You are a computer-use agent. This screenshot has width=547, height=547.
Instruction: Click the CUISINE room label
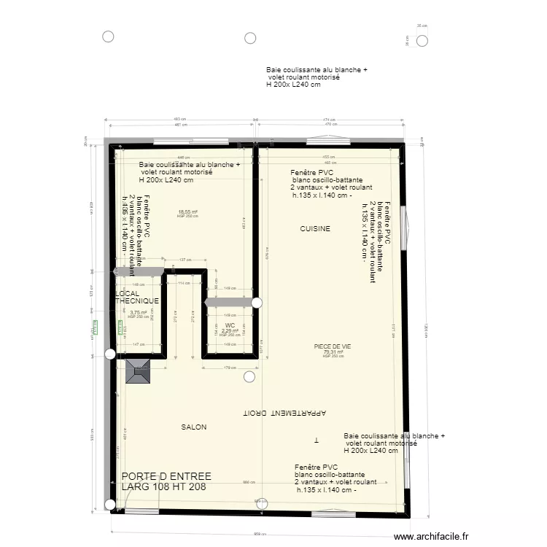point(315,229)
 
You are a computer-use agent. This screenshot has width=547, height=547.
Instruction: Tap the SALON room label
point(194,427)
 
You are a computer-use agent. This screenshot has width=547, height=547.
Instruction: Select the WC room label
point(230,325)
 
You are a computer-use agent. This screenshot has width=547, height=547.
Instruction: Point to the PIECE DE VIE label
point(333,347)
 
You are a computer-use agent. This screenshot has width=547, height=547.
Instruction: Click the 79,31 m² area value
point(333,352)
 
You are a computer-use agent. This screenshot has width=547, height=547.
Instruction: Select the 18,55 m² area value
point(188,212)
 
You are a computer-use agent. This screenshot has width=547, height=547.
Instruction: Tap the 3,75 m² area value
point(138,313)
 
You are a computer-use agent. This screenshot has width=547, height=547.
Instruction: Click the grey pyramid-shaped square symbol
point(138,371)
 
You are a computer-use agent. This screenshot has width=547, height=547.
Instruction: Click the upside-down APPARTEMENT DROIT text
point(285,413)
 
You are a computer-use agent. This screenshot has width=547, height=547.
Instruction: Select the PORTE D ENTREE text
point(167,476)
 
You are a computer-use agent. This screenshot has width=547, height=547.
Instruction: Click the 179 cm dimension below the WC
point(230,368)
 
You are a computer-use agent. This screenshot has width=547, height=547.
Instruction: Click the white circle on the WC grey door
point(257,302)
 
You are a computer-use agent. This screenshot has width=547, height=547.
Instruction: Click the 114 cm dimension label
point(184,284)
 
